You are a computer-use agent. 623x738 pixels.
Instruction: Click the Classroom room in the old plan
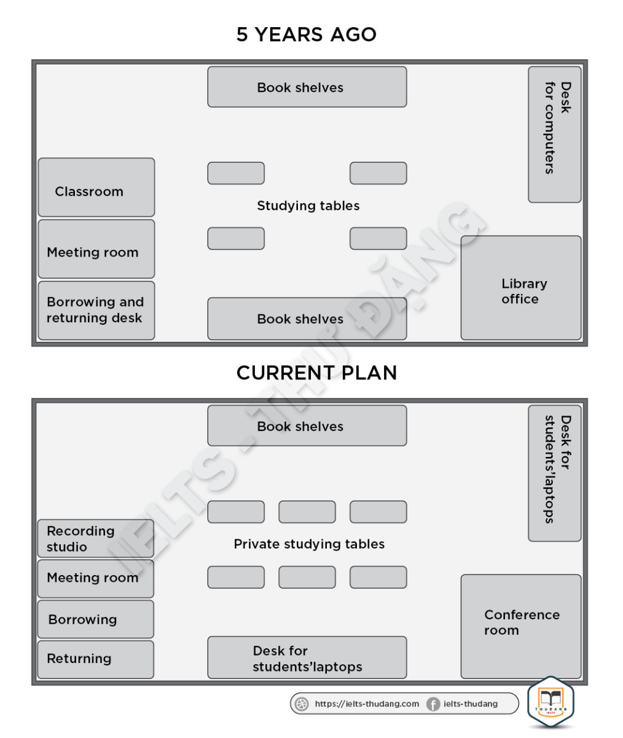(96, 188)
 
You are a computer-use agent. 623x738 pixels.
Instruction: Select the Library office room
(520, 288)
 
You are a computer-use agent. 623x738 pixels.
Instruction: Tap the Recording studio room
(96, 539)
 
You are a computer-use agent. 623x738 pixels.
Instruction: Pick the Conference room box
(520, 626)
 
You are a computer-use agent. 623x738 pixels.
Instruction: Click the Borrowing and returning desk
(96, 311)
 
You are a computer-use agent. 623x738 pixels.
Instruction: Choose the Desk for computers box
(554, 135)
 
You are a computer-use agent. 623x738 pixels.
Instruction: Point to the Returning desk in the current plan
(96, 659)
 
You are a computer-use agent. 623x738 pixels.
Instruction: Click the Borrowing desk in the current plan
(96, 619)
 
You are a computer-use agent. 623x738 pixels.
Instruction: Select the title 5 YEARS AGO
(307, 34)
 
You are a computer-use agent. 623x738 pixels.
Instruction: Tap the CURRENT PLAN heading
(316, 373)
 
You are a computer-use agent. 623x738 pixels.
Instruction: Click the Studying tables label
(308, 206)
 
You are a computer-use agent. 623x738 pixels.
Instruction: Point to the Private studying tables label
(309, 544)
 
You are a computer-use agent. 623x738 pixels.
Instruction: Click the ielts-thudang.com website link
(367, 704)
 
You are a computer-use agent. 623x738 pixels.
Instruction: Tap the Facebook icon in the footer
(433, 704)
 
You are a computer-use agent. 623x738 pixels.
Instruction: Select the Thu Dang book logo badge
(550, 702)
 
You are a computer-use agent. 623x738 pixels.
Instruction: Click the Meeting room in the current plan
(96, 579)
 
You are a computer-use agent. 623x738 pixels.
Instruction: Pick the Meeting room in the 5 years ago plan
(96, 249)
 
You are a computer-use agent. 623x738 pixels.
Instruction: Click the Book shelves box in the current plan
(307, 426)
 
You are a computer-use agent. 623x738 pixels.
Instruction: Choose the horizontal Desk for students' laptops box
(307, 657)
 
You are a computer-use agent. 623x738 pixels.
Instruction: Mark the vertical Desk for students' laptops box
(554, 473)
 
